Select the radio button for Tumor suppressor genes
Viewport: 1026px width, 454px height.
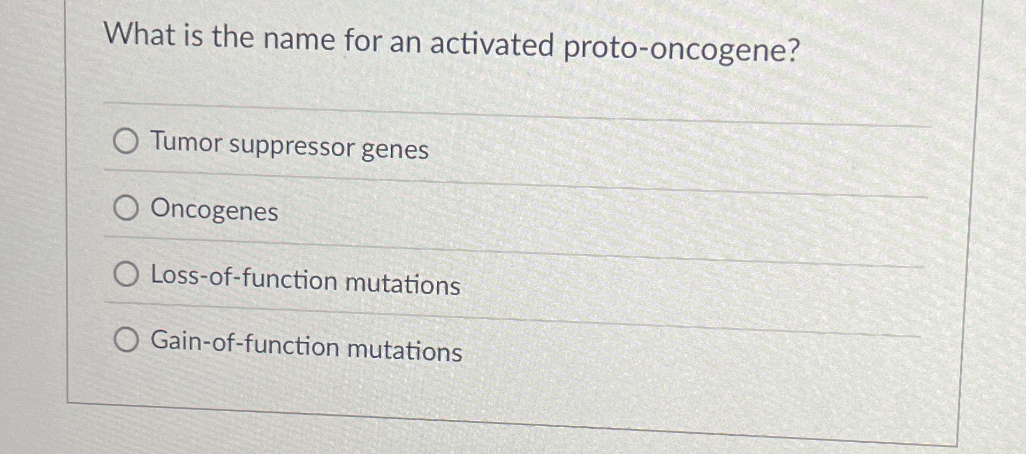[126, 141]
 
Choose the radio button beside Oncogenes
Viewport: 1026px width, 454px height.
[126, 208]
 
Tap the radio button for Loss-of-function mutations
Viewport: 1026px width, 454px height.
[126, 274]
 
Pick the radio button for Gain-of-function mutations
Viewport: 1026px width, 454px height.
[127, 340]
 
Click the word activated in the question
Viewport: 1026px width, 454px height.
[492, 44]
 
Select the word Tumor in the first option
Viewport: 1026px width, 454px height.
[186, 142]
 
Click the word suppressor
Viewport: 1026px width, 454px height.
[291, 147]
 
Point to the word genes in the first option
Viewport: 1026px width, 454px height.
[395, 149]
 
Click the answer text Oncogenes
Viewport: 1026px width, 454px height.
[214, 210]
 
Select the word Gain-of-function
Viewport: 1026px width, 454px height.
[245, 343]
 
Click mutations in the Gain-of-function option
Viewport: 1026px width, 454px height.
[405, 350]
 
